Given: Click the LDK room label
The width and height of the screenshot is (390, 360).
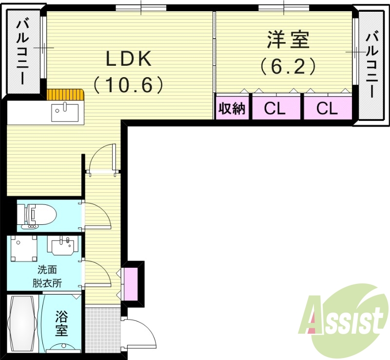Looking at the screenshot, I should (x=129, y=60).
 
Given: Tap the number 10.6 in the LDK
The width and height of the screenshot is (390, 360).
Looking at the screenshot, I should (x=129, y=85).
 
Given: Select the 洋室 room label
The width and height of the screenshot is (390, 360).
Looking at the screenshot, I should (x=288, y=40).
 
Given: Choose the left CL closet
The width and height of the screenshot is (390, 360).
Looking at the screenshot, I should (x=275, y=108).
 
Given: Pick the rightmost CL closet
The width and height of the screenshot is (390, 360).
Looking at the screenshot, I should (x=327, y=108).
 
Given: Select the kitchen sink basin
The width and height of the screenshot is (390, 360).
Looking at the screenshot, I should (x=64, y=113).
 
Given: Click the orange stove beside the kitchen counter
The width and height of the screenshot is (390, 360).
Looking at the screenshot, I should (x=65, y=94).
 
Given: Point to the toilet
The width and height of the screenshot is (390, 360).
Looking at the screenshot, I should (x=37, y=215).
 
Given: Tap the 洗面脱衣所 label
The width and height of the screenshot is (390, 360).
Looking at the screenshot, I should (x=47, y=276).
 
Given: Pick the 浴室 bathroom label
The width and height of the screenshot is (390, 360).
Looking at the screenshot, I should (x=61, y=323).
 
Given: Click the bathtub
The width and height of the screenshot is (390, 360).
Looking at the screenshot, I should (x=22, y=324).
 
